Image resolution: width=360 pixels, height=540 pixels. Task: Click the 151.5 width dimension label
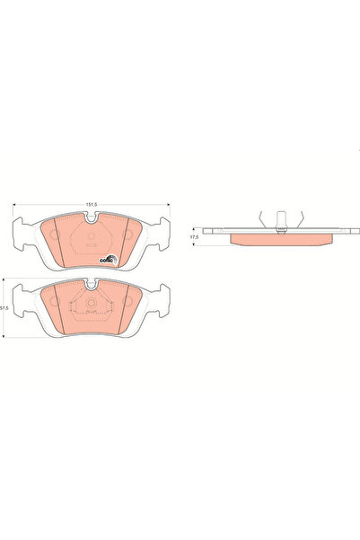pyautogui.click(x=91, y=205)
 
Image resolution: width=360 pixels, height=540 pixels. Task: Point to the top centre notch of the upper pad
pyautogui.click(x=91, y=217)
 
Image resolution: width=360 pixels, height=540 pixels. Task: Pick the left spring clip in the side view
pyautogui.click(x=259, y=218)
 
